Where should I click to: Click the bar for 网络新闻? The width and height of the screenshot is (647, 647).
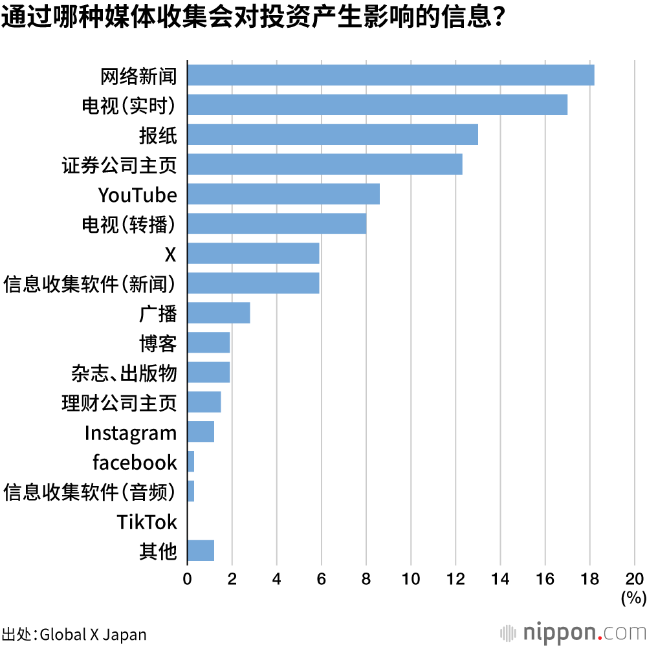pos(391,75)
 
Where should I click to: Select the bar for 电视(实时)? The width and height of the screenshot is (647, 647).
pos(377,105)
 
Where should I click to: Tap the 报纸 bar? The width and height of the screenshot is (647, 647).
pos(333,135)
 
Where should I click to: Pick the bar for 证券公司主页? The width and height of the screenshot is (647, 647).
pos(325,164)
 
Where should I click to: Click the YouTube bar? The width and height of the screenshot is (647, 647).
pos(283,194)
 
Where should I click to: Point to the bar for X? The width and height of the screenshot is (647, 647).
pos(253,254)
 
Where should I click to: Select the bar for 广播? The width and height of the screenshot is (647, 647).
pos(219,313)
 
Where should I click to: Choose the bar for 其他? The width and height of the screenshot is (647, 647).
pos(201,551)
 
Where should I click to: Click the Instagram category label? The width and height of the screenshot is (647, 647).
pos(131,433)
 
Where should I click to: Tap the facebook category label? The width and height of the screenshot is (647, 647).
pos(135,463)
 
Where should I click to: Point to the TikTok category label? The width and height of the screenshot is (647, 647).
pos(147,521)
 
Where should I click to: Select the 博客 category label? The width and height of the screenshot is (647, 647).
pos(158,343)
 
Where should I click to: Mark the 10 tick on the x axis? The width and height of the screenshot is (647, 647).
pos(411,578)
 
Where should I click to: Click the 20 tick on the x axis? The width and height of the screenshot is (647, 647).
pos(635,578)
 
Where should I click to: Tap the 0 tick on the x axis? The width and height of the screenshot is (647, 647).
pos(187,578)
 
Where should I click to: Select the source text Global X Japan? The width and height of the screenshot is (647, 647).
pos(93,634)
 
